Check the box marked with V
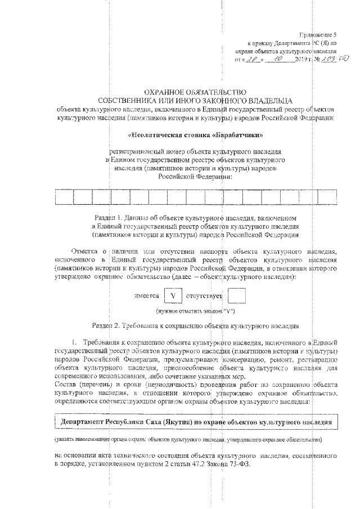click(173, 294)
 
